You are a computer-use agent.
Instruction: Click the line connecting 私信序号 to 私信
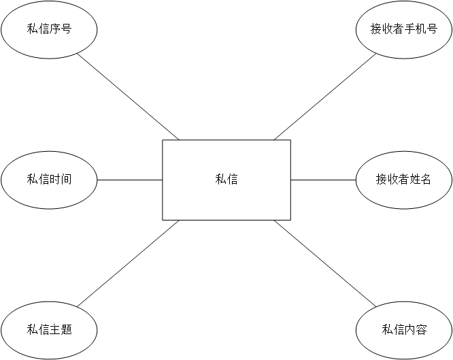(x=128, y=96)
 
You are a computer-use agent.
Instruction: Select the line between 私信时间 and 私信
(x=129, y=180)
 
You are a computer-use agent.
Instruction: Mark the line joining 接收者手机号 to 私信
(x=324, y=96)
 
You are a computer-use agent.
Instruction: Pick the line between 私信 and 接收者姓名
(x=323, y=180)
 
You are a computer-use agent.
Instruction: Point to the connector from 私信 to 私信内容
(x=324, y=263)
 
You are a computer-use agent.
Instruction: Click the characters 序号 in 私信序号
(x=61, y=29)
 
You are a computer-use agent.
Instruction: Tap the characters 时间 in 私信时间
(x=61, y=180)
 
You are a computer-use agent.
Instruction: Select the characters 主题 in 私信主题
(x=61, y=330)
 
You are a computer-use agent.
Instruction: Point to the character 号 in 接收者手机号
(x=432, y=29)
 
